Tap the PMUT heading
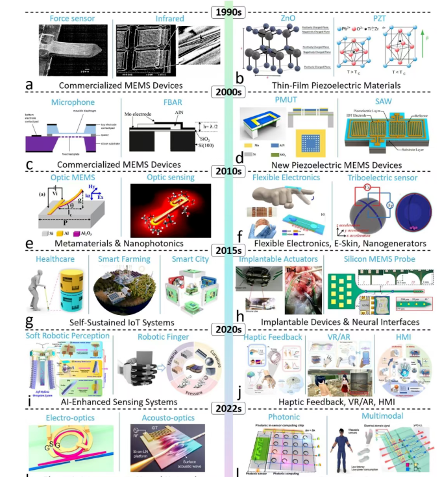point(287,100)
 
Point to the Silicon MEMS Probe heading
point(389,260)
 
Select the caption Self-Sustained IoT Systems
point(125,321)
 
